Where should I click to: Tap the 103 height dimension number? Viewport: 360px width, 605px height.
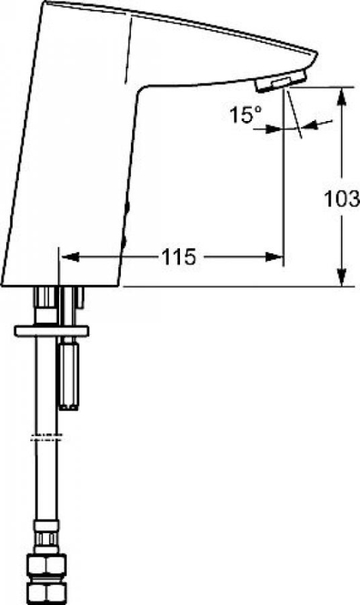pyautogui.click(x=341, y=200)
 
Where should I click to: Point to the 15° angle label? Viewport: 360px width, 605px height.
pyautogui.click(x=245, y=116)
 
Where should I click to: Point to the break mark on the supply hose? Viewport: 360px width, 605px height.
pyautogui.click(x=45, y=436)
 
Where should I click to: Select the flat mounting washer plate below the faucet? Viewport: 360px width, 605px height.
pyautogui.click(x=50, y=330)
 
